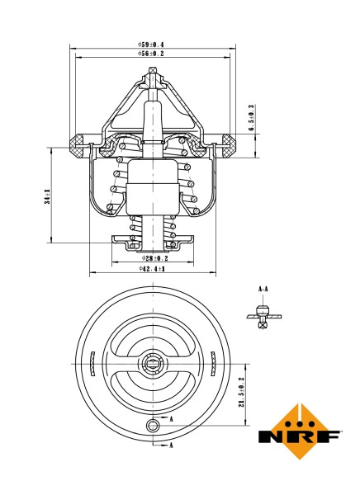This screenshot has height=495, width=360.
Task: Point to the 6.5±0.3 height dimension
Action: tap(251, 118)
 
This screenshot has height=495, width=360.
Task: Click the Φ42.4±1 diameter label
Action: tap(152, 269)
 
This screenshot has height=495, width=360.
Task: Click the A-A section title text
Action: tap(263, 289)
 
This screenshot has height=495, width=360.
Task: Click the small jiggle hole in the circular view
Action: tap(151, 425)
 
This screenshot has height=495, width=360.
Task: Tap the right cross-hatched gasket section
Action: tap(225, 146)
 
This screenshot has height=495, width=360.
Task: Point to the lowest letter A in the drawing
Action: tap(172, 445)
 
